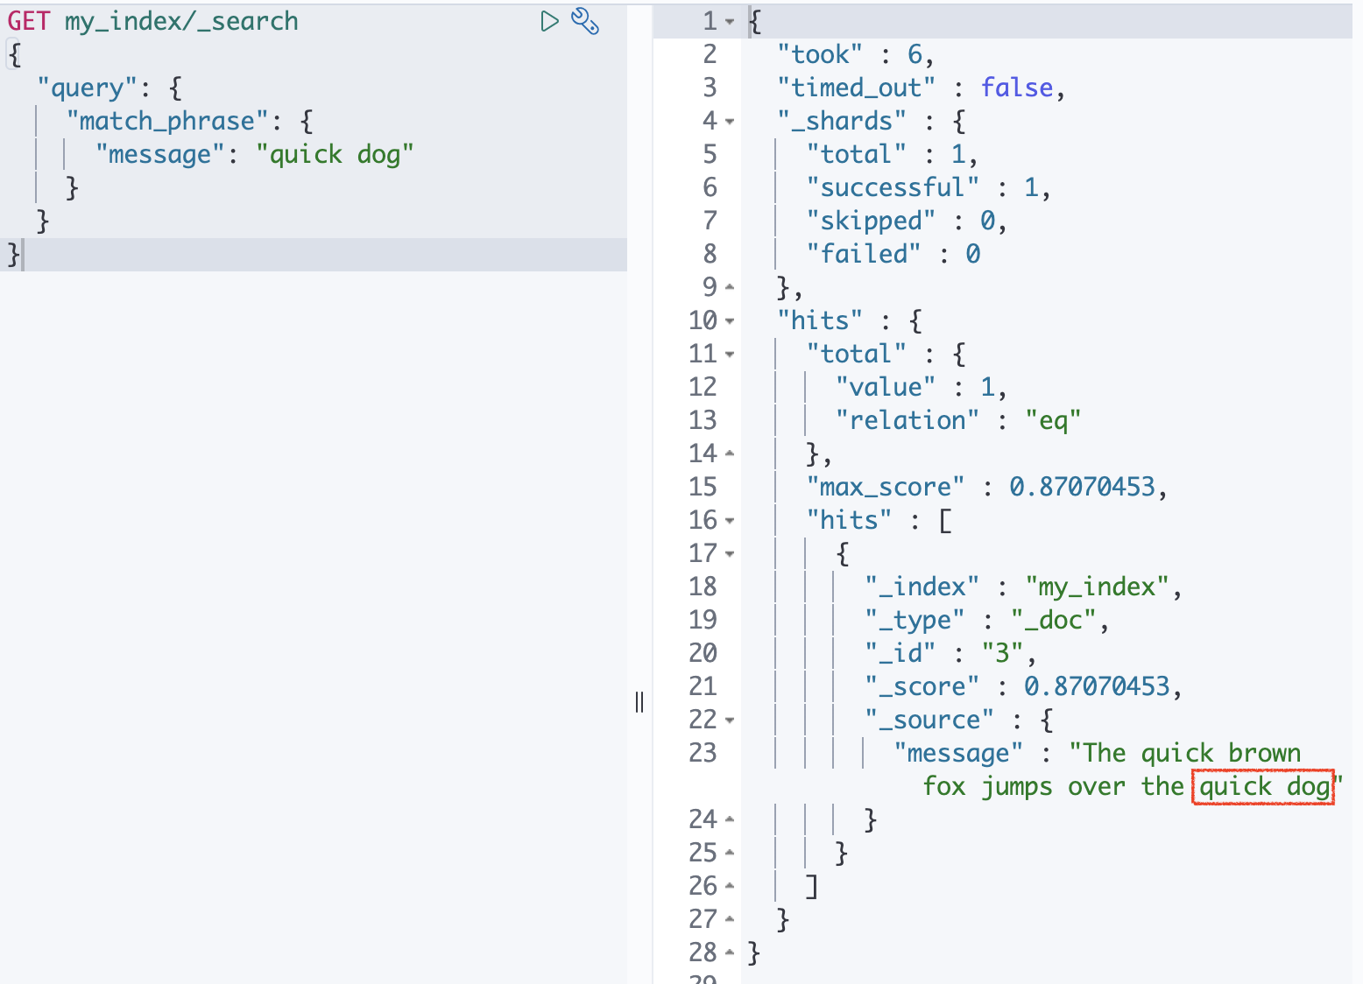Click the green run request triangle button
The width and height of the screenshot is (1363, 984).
(549, 21)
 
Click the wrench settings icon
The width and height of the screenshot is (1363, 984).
(585, 21)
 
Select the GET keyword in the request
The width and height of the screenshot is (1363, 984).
(28, 21)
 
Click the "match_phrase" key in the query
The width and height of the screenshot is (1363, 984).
(166, 121)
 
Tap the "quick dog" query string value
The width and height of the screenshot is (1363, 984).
(335, 154)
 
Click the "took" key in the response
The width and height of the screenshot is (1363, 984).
(820, 54)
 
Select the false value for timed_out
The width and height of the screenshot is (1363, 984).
(1016, 88)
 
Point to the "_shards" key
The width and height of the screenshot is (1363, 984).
(842, 121)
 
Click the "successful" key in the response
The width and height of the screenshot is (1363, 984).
(893, 187)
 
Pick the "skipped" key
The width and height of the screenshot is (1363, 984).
(871, 221)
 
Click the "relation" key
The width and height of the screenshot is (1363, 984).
(907, 420)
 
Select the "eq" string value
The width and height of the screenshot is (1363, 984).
(1053, 420)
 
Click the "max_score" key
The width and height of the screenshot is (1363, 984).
(886, 487)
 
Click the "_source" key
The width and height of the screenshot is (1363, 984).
(929, 720)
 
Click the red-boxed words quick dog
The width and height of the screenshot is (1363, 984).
(1263, 786)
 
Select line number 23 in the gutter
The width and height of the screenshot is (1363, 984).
(703, 753)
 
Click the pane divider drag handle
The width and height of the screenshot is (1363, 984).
(639, 702)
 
